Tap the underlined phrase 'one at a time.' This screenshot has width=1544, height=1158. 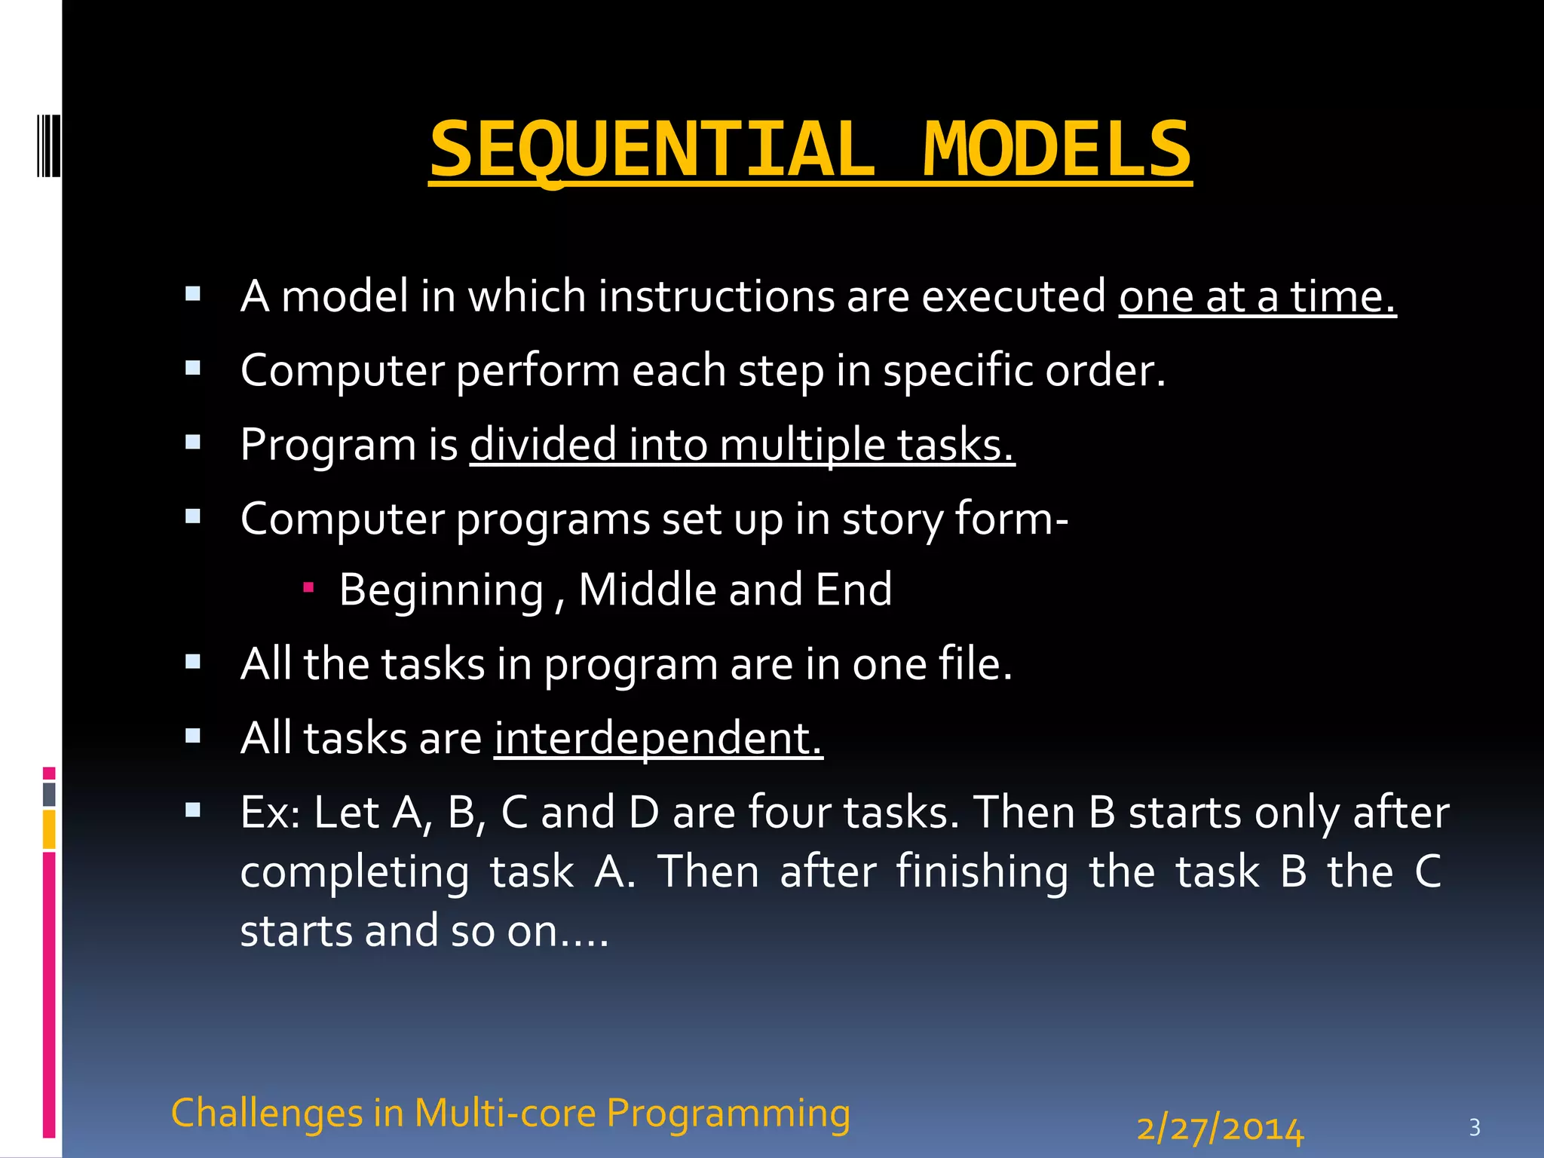(1257, 296)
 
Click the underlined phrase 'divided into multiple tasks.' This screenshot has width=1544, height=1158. (742, 444)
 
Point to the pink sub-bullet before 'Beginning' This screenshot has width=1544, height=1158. (308, 586)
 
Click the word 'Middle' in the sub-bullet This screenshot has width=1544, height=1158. (647, 589)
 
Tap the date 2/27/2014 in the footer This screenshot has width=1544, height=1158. (1220, 1129)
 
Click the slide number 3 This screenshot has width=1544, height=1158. (1475, 1128)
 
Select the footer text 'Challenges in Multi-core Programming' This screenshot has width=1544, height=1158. (510, 1113)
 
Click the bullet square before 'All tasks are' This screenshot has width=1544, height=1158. (193, 736)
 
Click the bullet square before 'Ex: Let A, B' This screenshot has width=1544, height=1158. (193, 810)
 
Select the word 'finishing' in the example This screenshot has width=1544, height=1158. (982, 872)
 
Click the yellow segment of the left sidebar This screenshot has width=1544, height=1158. (49, 829)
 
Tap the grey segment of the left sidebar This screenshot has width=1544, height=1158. (49, 794)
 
